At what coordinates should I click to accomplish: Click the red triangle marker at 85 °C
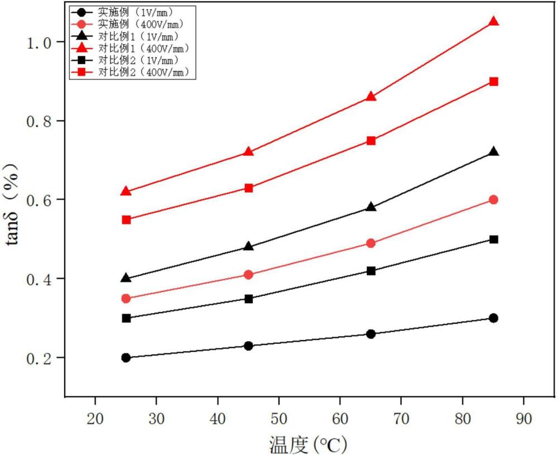493,22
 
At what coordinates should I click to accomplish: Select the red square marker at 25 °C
126,220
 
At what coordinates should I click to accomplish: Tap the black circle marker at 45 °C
248,346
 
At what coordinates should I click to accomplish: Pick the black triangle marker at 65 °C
371,207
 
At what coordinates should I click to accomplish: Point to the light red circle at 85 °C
493,200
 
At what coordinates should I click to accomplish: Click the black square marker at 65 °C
371,271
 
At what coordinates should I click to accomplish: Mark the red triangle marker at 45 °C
248,152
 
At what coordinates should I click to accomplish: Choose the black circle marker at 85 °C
493,318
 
